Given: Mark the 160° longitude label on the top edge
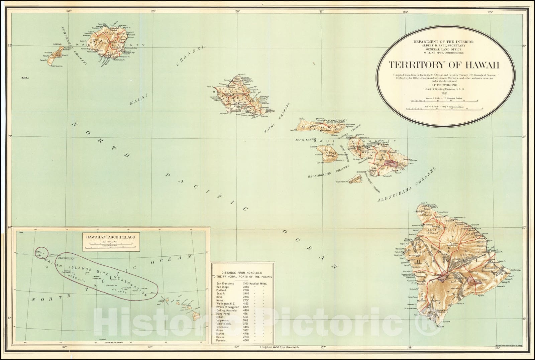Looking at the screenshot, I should pyautogui.click(x=69, y=11).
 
